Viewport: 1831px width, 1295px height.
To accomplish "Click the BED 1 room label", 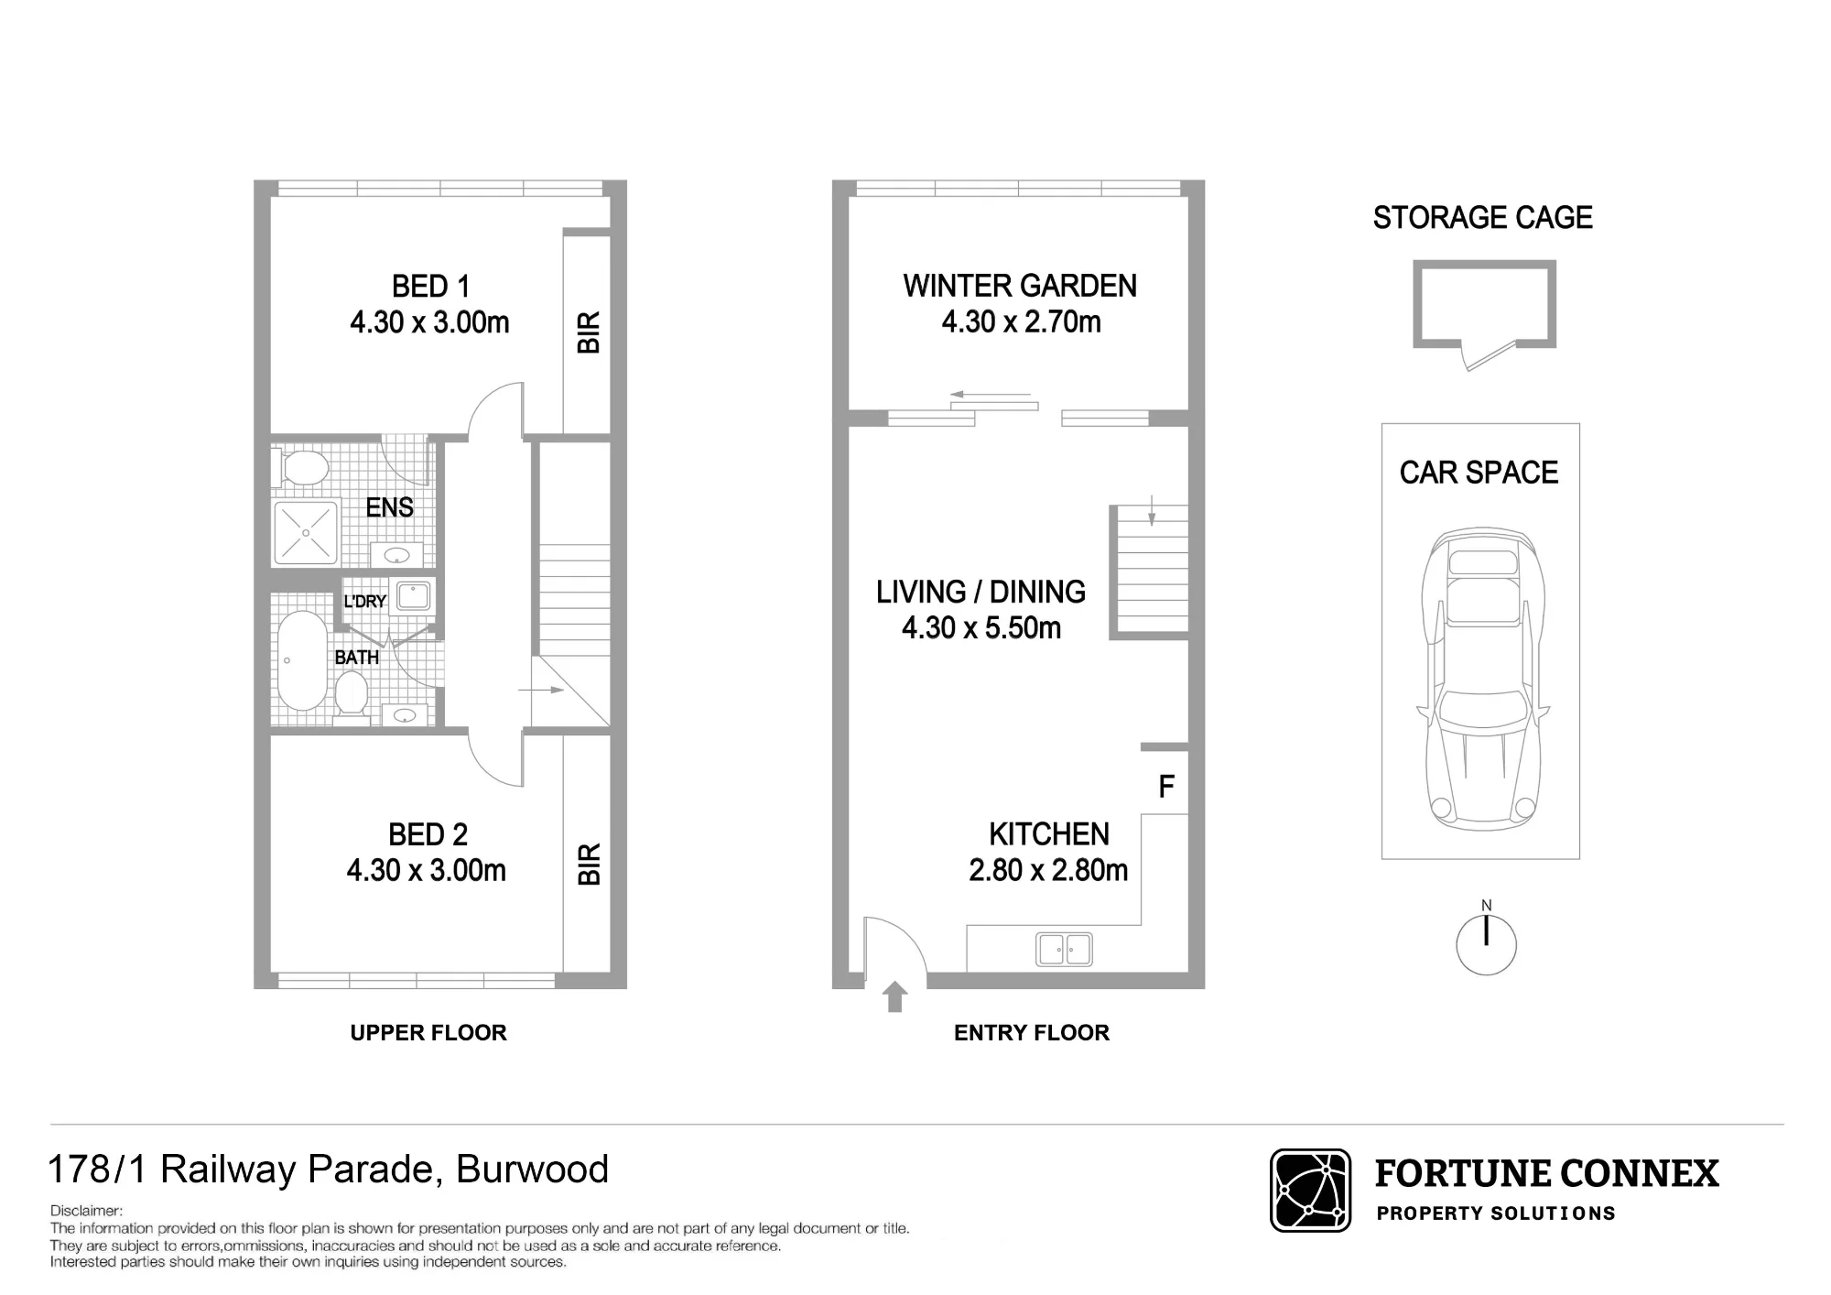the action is pos(430,287).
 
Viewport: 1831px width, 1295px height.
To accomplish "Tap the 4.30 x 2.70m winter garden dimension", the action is pos(1021,321).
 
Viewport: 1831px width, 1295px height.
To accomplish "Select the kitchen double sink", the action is pos(1064,949).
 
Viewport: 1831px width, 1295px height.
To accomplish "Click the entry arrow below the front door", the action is pos(895,996).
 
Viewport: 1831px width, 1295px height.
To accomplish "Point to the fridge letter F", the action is pos(1165,786).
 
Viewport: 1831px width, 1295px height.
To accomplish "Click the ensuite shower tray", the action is pos(305,532).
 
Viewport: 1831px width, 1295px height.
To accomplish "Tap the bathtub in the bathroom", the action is pos(301,660).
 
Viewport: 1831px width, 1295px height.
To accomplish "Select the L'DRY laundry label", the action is pos(364,602).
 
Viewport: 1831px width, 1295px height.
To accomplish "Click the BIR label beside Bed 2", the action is pos(589,864).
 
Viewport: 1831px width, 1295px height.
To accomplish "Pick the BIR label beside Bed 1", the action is pos(589,332).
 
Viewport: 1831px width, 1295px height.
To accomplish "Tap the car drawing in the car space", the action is pos(1483,678).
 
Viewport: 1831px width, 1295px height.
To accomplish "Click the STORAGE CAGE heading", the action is pos(1482,218).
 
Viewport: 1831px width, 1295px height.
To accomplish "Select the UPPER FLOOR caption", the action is pos(428,1033).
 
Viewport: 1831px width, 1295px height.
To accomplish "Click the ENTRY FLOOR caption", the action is pos(1032,1033).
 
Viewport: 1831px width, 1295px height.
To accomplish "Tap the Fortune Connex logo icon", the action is pos(1310,1191).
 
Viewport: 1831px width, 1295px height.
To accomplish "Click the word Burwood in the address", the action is pos(532,1170).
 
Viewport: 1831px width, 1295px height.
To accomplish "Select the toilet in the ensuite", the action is pos(301,468).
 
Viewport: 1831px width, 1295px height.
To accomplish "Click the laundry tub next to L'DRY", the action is pos(414,595).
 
